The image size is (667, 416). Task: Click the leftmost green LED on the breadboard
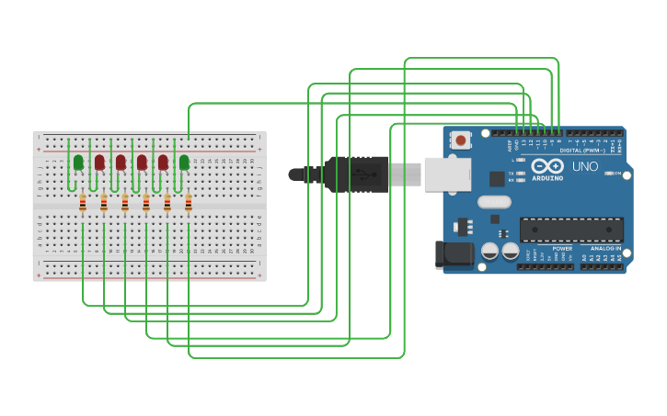tap(78, 163)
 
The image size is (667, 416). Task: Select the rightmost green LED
tap(184, 163)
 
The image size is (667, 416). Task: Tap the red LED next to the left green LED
tap(99, 163)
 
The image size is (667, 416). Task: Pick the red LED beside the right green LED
tap(163, 163)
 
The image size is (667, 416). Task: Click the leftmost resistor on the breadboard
tap(83, 203)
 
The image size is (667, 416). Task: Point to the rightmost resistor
tap(189, 203)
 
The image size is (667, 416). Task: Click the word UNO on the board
tap(585, 167)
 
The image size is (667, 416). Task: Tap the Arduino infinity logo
tap(547, 165)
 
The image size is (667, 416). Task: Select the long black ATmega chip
tap(571, 230)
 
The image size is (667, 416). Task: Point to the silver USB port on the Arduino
tap(447, 174)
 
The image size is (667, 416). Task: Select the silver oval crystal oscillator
tap(494, 202)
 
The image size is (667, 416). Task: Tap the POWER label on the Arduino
tap(562, 249)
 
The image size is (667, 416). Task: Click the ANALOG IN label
tap(604, 249)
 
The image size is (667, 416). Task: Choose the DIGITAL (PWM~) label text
tap(582, 150)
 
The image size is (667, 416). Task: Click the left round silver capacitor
tap(490, 250)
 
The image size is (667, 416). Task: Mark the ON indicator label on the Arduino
tap(617, 173)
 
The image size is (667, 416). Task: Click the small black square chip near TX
tap(497, 179)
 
